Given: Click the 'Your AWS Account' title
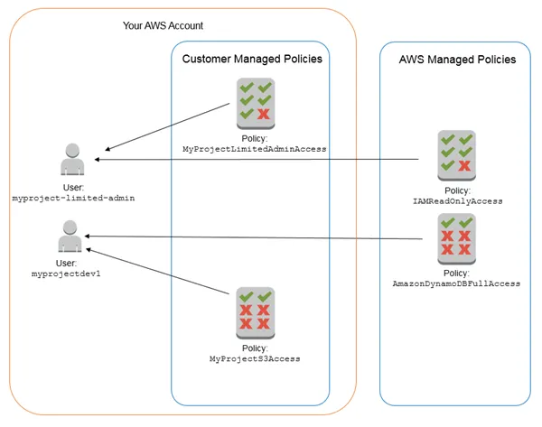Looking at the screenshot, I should pos(163,25).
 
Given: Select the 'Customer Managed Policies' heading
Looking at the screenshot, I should pos(252,59).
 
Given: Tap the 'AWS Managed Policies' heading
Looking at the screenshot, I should pos(457,59).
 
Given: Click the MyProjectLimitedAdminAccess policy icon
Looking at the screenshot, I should pos(255,100).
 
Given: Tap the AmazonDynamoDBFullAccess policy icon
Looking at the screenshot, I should pos(455,236).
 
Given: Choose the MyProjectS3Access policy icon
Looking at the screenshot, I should pos(254,310).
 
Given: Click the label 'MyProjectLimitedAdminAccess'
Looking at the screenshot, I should pos(254,147).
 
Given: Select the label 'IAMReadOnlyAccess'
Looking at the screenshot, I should pos(456,201).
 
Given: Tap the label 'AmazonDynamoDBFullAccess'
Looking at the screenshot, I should pos(456,283).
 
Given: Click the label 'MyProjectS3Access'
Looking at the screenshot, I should pos(254,358).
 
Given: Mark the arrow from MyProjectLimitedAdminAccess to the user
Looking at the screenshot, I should pos(167,126).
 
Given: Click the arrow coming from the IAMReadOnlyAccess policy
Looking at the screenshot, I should pos(271,160).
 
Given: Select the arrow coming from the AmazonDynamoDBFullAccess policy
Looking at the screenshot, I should pos(271,237).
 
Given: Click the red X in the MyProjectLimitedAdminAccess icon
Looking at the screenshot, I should pos(264,114).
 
